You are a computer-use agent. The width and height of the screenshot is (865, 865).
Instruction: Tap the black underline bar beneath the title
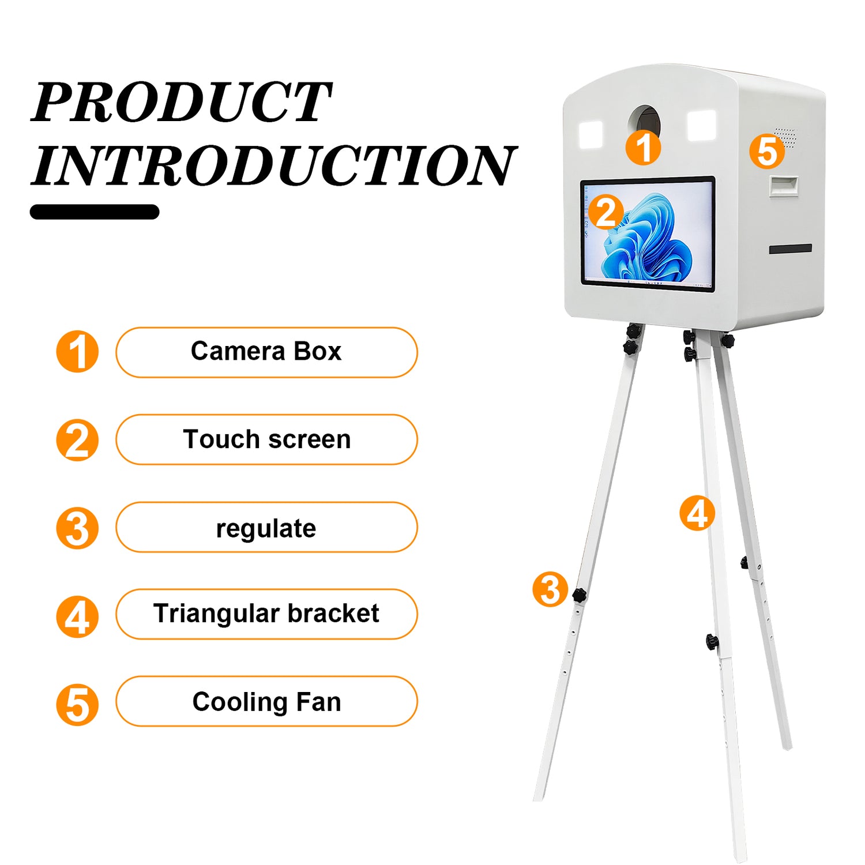[x=95, y=212]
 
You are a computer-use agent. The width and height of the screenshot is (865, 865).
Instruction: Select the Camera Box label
[x=266, y=352]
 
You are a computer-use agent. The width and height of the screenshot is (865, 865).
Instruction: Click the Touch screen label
[x=266, y=439]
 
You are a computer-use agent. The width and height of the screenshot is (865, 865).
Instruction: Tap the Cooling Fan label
[x=266, y=701]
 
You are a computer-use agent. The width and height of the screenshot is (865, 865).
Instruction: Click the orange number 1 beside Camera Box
[x=77, y=352]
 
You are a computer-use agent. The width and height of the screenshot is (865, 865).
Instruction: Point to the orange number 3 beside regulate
[x=77, y=528]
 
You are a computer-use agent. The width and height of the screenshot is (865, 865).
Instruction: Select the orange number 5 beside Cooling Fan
[x=77, y=704]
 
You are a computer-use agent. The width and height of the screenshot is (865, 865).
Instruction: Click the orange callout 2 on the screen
[x=605, y=212]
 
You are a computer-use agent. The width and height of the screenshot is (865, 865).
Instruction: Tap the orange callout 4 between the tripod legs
[x=697, y=513]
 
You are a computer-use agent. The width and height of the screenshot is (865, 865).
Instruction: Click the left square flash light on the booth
[x=591, y=134]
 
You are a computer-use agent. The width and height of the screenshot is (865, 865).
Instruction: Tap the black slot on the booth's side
[x=791, y=249]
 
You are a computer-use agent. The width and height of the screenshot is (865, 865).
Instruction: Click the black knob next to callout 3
[x=579, y=595]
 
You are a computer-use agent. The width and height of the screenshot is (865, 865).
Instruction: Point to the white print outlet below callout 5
[x=784, y=186]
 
